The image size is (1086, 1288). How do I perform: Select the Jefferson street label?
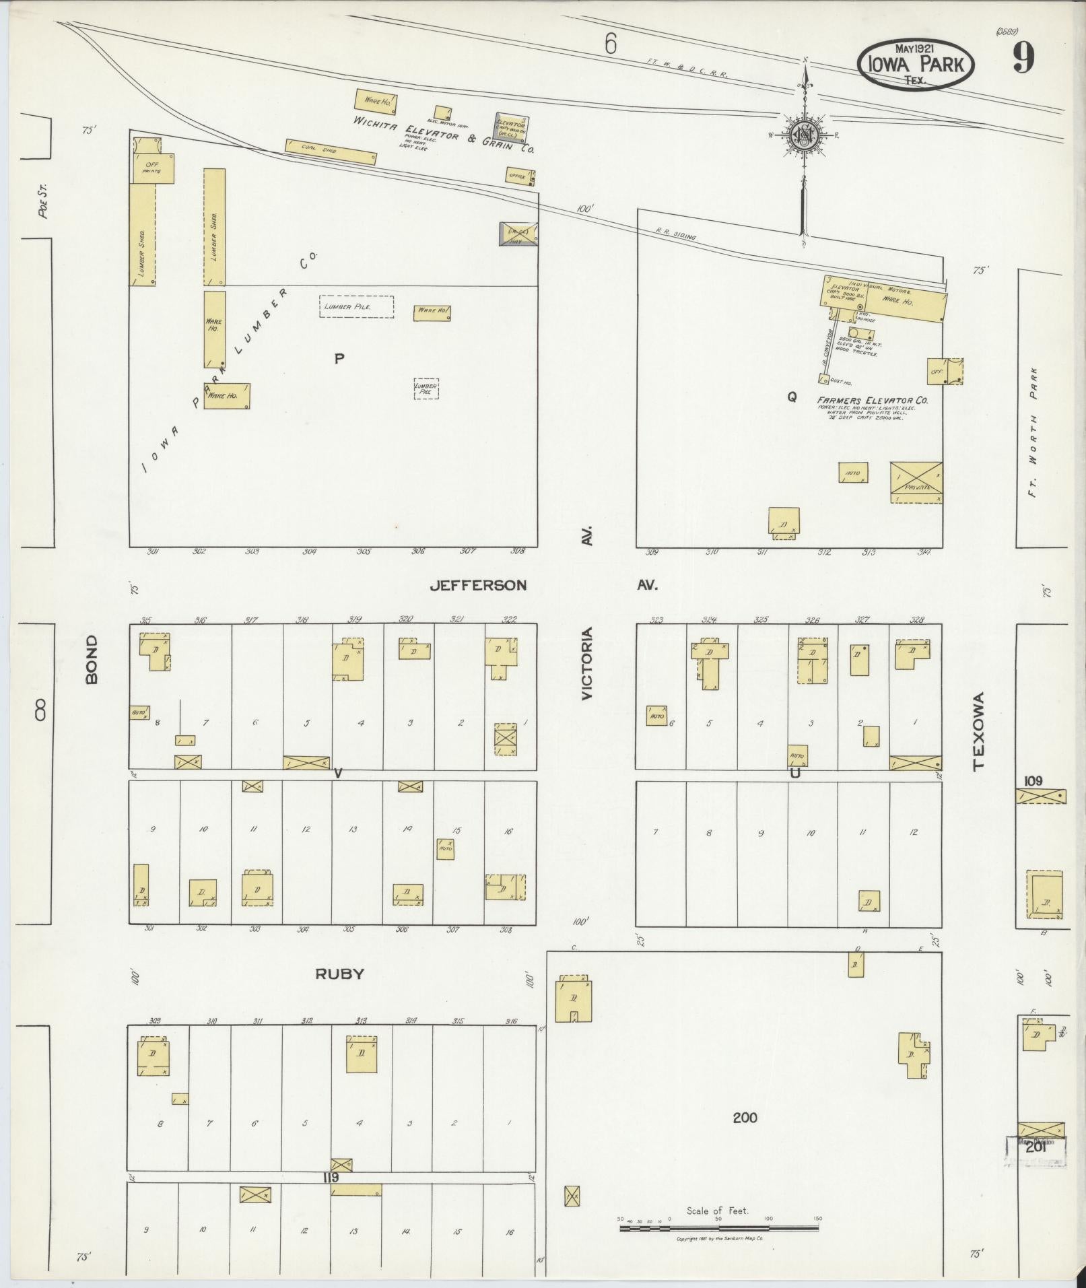478,585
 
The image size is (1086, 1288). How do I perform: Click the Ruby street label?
341,974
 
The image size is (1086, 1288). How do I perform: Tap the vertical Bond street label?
92,659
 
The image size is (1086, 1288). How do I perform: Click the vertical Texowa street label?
978,731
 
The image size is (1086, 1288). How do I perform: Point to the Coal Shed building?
331,152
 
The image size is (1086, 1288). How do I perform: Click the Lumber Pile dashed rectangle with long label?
356,307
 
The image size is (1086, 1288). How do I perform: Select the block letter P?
340,358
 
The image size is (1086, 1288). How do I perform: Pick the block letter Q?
792,397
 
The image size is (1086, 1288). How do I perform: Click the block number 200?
745,1118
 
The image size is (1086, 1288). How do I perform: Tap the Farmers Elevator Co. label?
872,400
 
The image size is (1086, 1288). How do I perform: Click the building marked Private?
916,482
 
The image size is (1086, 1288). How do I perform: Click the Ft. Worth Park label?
1032,432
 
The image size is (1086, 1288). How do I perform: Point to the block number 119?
330,1178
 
